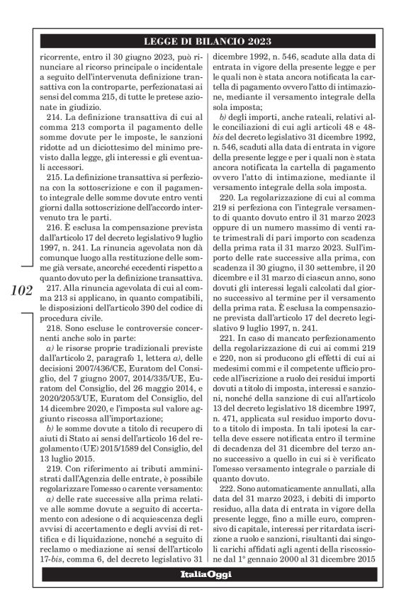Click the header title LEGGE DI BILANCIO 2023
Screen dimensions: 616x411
tap(205, 40)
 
